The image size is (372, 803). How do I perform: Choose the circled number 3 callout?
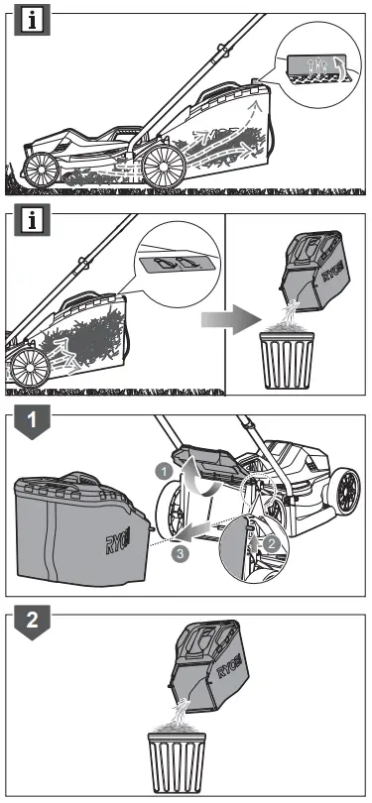[x=178, y=553]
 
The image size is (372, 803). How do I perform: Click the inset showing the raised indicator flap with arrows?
[x=316, y=65]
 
